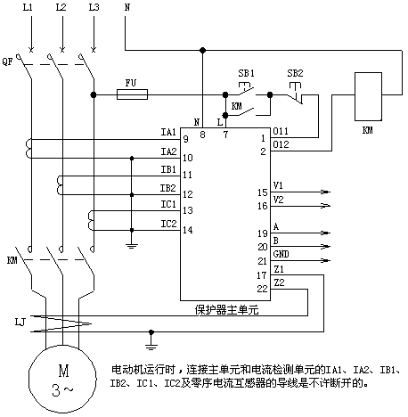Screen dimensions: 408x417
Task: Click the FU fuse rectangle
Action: click(x=132, y=94)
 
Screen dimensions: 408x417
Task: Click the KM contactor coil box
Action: click(x=368, y=96)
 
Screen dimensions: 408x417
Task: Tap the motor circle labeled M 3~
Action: click(x=62, y=379)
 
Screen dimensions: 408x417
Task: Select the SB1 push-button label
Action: click(x=246, y=73)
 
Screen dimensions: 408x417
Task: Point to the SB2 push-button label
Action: click(x=295, y=73)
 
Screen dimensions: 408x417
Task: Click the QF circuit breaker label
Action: click(x=7, y=61)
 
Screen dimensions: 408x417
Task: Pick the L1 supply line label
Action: click(x=28, y=7)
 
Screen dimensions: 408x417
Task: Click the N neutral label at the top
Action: click(x=127, y=7)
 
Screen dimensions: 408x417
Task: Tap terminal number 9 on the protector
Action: click(x=186, y=139)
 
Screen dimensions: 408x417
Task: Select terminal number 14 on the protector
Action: click(x=188, y=230)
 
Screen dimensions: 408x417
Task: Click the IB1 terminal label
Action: click(x=168, y=169)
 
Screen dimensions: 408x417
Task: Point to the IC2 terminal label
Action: click(x=168, y=224)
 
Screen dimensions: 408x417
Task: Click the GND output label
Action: click(x=281, y=254)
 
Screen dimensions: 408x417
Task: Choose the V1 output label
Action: click(x=278, y=185)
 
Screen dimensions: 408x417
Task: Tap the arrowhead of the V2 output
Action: click(x=326, y=206)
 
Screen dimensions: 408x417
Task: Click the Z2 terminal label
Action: click(x=279, y=282)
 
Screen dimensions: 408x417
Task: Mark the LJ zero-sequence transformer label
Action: click(x=20, y=322)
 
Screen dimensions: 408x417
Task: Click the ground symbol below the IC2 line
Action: click(x=132, y=245)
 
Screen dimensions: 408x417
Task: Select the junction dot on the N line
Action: click(x=202, y=51)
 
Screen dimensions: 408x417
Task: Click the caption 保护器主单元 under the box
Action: click(x=226, y=310)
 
